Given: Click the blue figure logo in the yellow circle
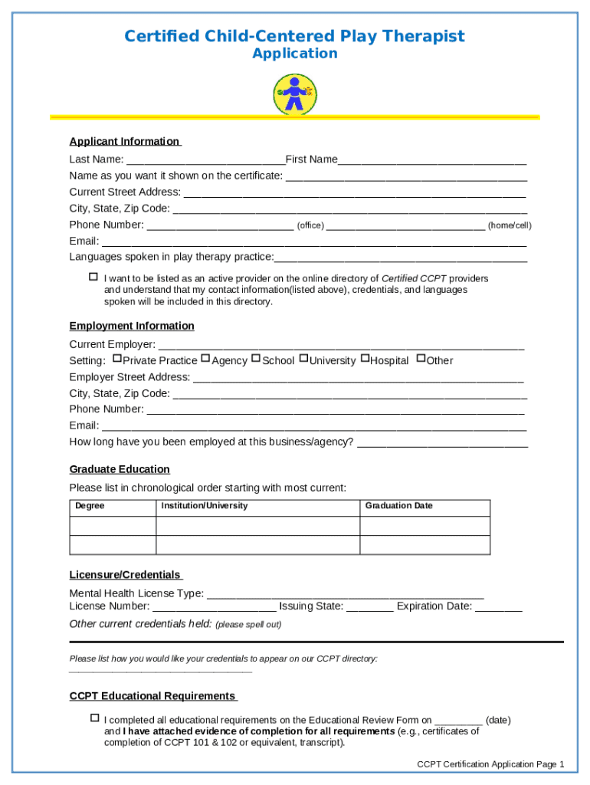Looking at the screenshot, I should [x=295, y=94].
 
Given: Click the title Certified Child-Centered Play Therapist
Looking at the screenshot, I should [x=294, y=36].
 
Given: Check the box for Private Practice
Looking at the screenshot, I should [x=116, y=358].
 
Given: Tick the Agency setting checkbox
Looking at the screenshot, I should [x=205, y=358].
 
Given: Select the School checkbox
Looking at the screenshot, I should [x=256, y=358].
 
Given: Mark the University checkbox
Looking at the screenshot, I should [x=303, y=358].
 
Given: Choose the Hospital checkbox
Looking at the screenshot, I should [x=365, y=358].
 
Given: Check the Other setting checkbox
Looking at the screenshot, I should [x=421, y=358].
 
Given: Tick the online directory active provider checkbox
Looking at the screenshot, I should [x=93, y=277].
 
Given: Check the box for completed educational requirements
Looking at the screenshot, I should [x=94, y=718].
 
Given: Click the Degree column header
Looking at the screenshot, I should [x=90, y=506].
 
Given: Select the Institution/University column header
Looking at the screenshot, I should [x=204, y=506].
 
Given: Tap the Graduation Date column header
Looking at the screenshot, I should [x=398, y=506].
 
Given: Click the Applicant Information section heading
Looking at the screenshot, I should [x=125, y=142].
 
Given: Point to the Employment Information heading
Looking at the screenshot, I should [x=132, y=326].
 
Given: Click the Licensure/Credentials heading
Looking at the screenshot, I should [x=126, y=575].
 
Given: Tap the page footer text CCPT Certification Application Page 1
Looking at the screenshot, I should [x=490, y=764].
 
